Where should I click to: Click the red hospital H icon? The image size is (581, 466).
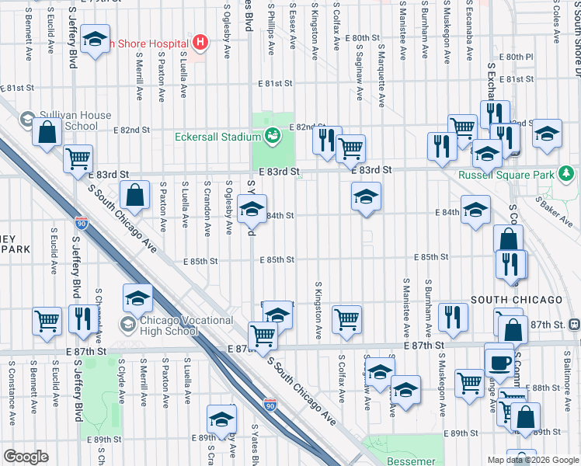pos(200,42)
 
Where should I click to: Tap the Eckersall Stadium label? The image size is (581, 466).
pos(217,137)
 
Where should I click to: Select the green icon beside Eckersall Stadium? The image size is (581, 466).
pos(272,137)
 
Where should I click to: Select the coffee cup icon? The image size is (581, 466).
pos(499,360)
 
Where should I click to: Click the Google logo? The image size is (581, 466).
pos(26,457)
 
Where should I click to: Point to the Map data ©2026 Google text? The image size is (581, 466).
pos(533,460)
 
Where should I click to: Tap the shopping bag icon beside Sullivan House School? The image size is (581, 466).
pos(47,133)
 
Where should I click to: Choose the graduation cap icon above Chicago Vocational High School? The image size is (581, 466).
pos(137,298)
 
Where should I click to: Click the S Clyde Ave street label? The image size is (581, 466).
pos(121,384)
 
